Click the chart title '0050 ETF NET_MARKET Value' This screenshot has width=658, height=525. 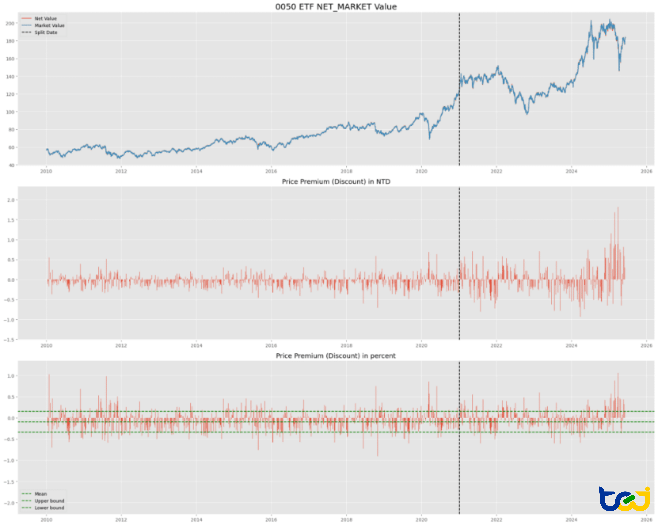[336, 7]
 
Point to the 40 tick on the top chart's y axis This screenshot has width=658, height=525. [11, 165]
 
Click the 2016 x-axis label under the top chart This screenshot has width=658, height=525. [271, 171]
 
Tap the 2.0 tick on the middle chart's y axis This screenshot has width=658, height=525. [11, 200]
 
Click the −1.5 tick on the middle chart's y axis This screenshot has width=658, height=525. [9, 339]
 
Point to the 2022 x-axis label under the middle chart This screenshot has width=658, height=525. [496, 346]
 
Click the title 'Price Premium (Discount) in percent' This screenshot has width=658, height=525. [336, 356]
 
